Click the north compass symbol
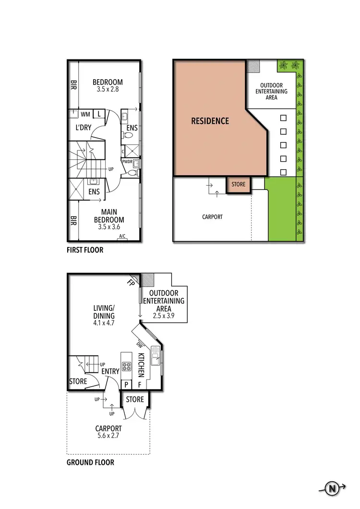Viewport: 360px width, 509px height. coord(332,489)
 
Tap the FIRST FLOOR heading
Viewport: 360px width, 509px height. coord(85,250)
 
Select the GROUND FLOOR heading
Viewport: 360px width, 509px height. coord(90,462)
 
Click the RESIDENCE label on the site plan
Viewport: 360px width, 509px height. coord(210,121)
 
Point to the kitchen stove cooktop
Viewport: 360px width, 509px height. coord(126,367)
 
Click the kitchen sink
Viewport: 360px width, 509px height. coord(156,356)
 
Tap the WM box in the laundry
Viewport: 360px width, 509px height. coord(85,114)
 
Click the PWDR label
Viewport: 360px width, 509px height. coord(127,162)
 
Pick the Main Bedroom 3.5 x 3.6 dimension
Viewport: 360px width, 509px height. coord(108,227)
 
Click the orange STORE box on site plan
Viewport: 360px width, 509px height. coord(238,184)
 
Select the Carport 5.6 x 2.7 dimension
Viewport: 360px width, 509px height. coord(108,436)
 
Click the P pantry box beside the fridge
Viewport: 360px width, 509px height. coord(126,384)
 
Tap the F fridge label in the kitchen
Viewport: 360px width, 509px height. coord(140,384)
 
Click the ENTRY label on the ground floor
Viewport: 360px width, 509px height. coord(110,371)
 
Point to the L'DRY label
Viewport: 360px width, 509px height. coord(84,128)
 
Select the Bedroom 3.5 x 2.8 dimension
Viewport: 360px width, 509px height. coord(108,89)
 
